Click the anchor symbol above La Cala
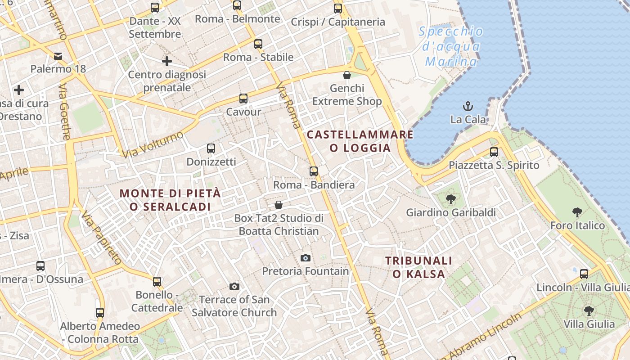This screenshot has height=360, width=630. [468, 107]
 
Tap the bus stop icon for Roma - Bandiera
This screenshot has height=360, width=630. [314, 171]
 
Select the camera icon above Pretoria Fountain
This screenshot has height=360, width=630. [306, 258]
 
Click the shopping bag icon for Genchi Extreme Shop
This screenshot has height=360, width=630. [347, 75]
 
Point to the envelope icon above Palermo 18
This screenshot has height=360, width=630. [58, 56]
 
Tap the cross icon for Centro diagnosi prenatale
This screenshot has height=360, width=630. [167, 61]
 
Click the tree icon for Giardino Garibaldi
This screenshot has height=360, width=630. [450, 199]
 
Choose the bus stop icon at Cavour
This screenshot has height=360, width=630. [243, 99]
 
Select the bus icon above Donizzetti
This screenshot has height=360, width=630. [211, 148]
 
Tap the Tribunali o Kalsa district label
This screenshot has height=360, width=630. [418, 267]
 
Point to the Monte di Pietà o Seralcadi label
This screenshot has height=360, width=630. [170, 200]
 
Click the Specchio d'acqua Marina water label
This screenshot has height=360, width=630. [451, 46]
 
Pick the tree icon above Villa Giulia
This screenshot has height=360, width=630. [589, 311]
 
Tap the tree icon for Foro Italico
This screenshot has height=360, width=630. [577, 212]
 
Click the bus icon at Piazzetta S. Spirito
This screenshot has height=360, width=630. [494, 152]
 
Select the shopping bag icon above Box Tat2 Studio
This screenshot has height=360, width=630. [279, 205]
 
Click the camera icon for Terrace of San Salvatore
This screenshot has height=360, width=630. [234, 287]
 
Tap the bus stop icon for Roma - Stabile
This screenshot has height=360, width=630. [258, 44]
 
